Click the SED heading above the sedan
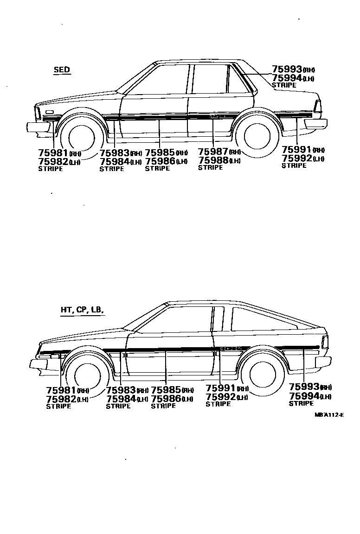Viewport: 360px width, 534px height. [62, 70]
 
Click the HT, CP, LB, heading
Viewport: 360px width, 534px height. [81, 310]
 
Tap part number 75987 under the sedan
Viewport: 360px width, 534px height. [213, 152]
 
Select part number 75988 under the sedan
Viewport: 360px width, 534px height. [213, 160]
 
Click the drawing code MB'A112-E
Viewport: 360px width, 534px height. [328, 414]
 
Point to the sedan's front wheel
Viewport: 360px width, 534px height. [82, 136]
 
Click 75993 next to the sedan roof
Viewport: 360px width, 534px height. [287, 70]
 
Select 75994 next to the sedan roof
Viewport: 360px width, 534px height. [287, 78]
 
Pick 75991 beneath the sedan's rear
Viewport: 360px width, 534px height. [296, 150]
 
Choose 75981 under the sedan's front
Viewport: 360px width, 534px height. [53, 153]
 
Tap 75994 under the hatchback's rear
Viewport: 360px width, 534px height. [304, 396]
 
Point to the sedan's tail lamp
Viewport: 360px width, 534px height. [318, 106]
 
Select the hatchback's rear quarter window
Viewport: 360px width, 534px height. [262, 320]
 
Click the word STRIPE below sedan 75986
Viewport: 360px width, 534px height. [157, 169]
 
